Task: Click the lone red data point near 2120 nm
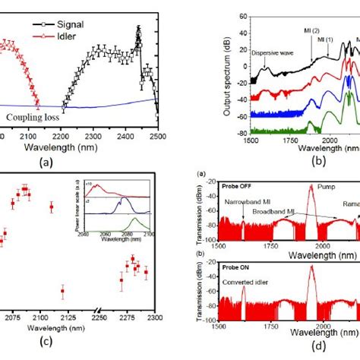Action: [x=62, y=289]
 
